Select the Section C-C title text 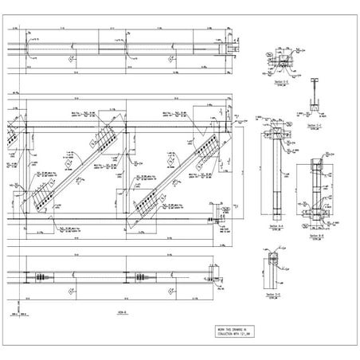point(315,124)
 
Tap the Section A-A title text point(276,226)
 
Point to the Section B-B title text point(317,236)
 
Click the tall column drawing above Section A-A point(275,175)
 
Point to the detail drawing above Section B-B point(317,195)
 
